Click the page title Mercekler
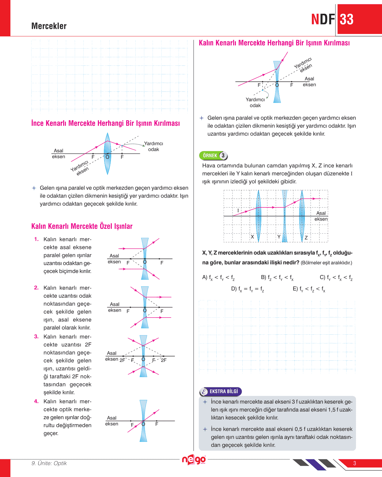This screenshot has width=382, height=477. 49,26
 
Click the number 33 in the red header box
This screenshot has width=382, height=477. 347,20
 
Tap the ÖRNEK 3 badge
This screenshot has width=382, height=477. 214,155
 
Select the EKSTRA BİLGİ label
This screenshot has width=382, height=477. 221,391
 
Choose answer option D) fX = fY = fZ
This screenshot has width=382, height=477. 248,289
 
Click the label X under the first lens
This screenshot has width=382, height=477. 252,237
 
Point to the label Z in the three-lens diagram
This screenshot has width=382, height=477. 306,237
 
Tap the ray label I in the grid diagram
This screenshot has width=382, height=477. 238,211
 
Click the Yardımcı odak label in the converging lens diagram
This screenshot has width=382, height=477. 153,146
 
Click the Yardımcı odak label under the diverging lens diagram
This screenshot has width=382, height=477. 255,102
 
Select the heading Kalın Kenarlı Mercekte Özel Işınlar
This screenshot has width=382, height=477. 82,226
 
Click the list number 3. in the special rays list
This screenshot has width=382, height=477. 36,337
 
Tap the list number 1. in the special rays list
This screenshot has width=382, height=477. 36,239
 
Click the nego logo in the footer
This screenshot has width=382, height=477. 194,460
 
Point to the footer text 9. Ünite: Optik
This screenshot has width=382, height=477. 49,463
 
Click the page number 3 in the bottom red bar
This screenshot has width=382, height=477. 355,463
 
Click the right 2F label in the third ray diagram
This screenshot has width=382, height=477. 164,360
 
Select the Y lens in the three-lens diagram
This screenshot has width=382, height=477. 285,216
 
